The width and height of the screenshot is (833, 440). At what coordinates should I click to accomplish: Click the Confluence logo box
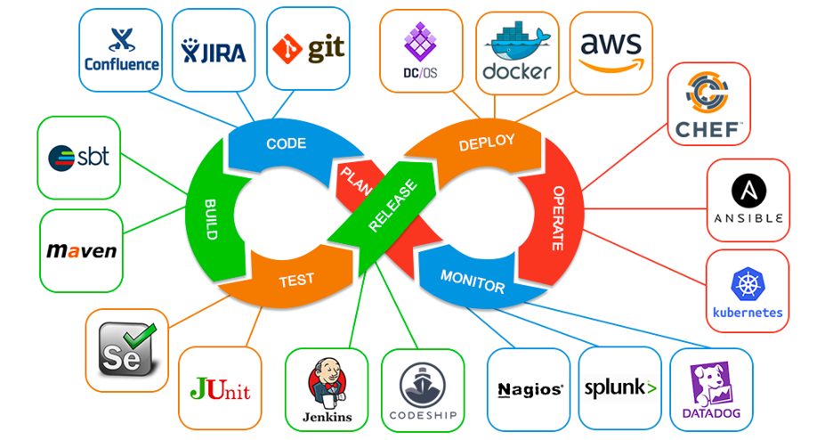121,50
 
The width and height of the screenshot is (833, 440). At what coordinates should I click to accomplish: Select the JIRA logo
213,50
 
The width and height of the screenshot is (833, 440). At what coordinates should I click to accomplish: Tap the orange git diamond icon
287,48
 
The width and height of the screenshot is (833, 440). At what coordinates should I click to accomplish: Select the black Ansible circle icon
747,190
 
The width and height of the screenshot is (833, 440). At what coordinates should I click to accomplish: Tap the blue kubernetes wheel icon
747,285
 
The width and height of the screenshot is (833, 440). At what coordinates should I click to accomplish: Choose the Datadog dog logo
710,386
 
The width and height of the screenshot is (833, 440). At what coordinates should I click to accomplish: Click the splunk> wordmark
620,388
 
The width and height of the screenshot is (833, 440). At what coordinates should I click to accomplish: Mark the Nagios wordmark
530,389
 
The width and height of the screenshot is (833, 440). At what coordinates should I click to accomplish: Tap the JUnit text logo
220,389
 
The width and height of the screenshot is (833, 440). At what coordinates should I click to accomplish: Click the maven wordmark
81,251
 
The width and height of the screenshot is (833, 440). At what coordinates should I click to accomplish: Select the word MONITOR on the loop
473,280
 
